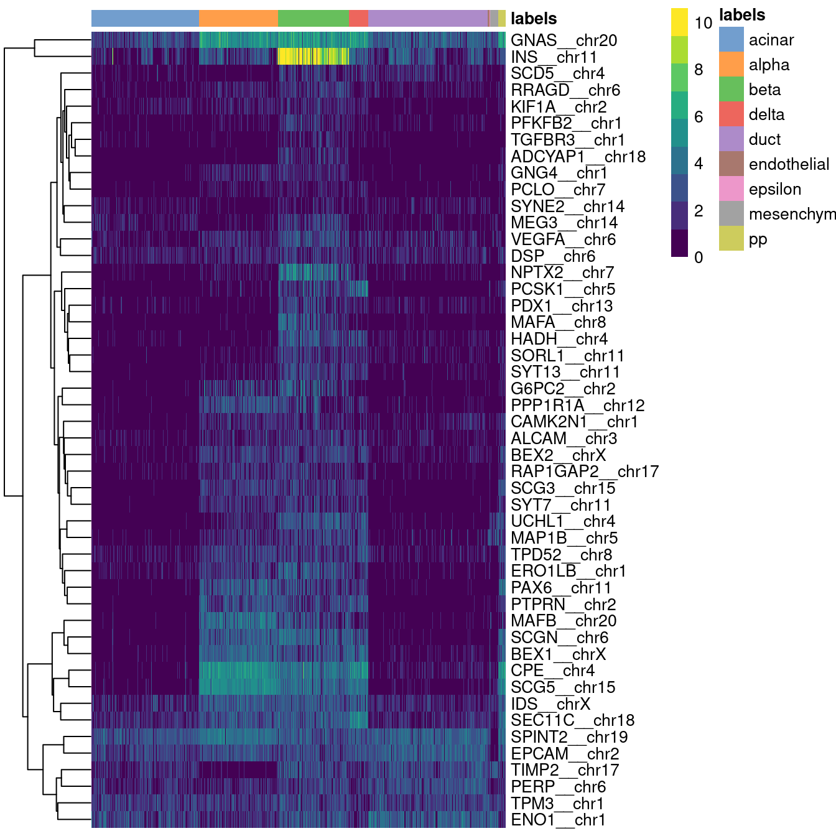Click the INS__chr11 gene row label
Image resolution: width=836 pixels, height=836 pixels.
[554, 57]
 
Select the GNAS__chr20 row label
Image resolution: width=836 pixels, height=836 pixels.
[564, 40]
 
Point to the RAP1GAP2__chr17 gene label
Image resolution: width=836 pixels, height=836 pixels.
[584, 471]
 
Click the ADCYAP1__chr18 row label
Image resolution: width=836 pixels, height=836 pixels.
[578, 157]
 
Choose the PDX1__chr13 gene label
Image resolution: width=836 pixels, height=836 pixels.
[561, 306]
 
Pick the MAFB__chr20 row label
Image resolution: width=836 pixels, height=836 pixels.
[563, 621]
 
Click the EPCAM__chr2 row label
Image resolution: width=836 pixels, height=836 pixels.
[564, 754]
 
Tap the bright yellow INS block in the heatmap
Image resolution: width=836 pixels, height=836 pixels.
[313, 57]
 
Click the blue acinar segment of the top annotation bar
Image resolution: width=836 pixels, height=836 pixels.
[145, 19]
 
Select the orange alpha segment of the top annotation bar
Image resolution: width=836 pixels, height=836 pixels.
[238, 19]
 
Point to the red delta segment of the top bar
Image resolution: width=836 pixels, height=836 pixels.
[359, 19]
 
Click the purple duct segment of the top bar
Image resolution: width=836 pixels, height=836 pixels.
[428, 19]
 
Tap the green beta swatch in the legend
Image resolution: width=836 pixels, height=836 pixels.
[731, 90]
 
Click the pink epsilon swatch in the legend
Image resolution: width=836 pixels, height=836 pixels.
[731, 189]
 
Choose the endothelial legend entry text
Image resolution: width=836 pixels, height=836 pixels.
[789, 164]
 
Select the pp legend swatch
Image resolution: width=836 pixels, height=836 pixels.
[731, 239]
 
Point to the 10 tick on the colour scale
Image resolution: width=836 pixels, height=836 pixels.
[703, 23]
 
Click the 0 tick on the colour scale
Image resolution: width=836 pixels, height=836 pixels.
[699, 257]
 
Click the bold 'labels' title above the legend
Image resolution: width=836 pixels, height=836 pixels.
[741, 15]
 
